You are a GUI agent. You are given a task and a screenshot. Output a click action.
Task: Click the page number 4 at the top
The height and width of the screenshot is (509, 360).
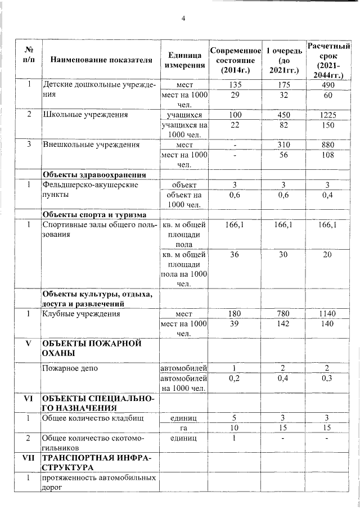[183, 19]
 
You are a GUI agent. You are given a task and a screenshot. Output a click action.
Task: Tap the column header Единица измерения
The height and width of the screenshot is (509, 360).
[184, 60]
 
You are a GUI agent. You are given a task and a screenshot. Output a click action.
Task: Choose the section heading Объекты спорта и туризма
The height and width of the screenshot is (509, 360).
[95, 214]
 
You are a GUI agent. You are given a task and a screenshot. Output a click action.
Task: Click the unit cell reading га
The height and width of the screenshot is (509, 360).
[184, 428]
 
